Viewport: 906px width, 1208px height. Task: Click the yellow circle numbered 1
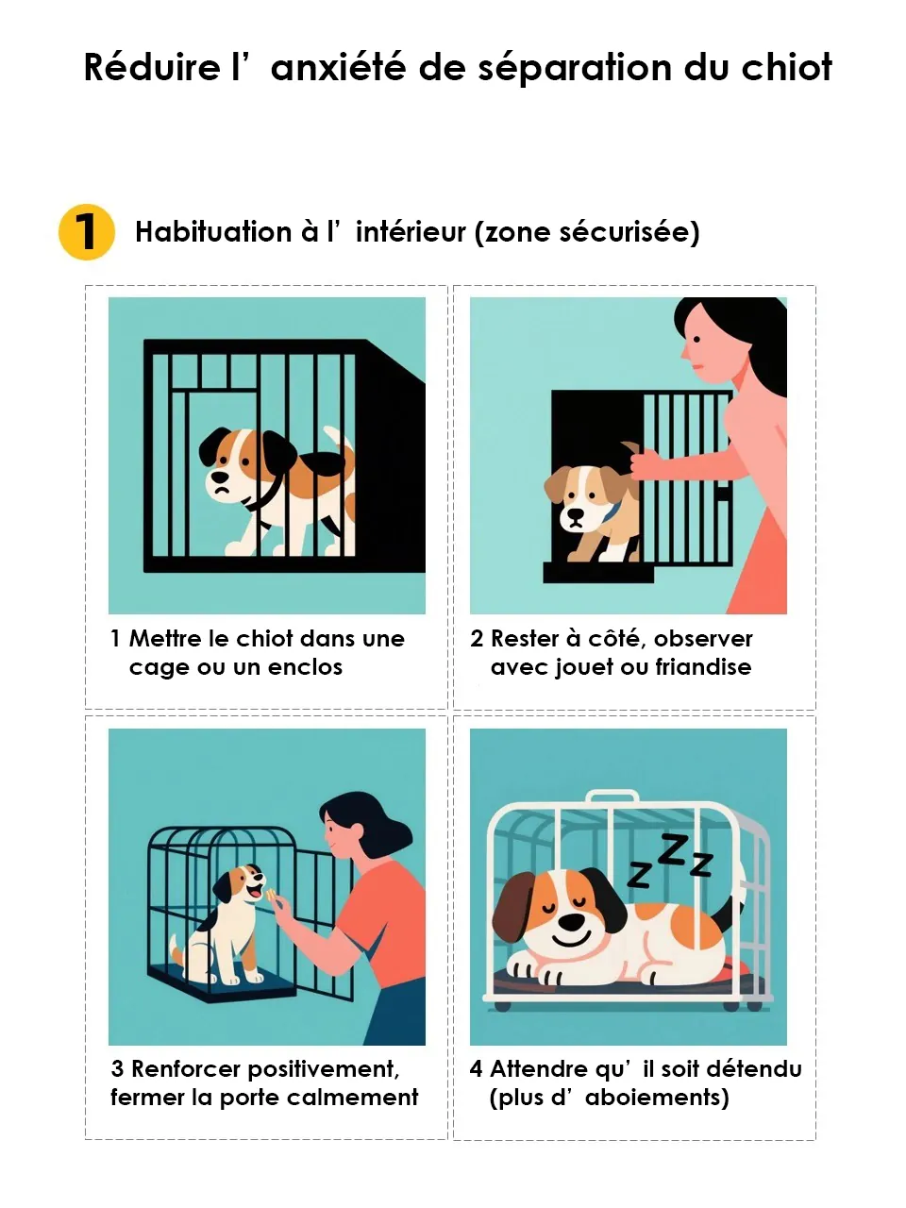point(87,232)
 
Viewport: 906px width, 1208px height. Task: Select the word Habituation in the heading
point(213,232)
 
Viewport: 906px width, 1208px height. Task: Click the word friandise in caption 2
point(703,667)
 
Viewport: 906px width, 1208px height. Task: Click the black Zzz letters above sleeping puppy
point(671,861)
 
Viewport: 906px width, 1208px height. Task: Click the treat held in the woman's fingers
point(271,895)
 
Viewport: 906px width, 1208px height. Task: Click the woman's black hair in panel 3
point(368,816)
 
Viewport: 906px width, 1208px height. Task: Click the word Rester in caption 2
point(525,639)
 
